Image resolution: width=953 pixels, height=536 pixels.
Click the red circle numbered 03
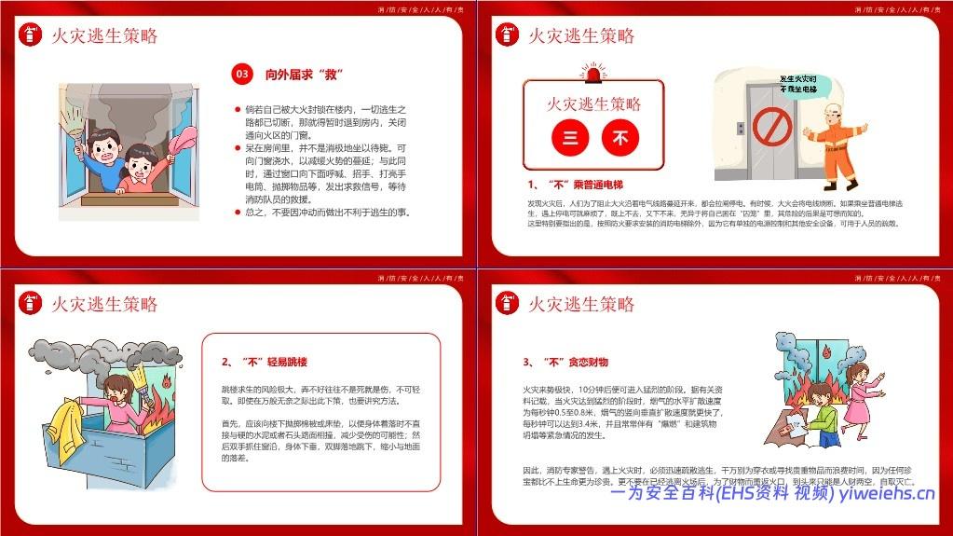tap(242, 74)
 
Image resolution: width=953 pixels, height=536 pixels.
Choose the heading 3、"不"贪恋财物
tap(565, 362)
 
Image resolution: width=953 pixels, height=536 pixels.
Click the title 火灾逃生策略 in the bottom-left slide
tap(104, 304)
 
